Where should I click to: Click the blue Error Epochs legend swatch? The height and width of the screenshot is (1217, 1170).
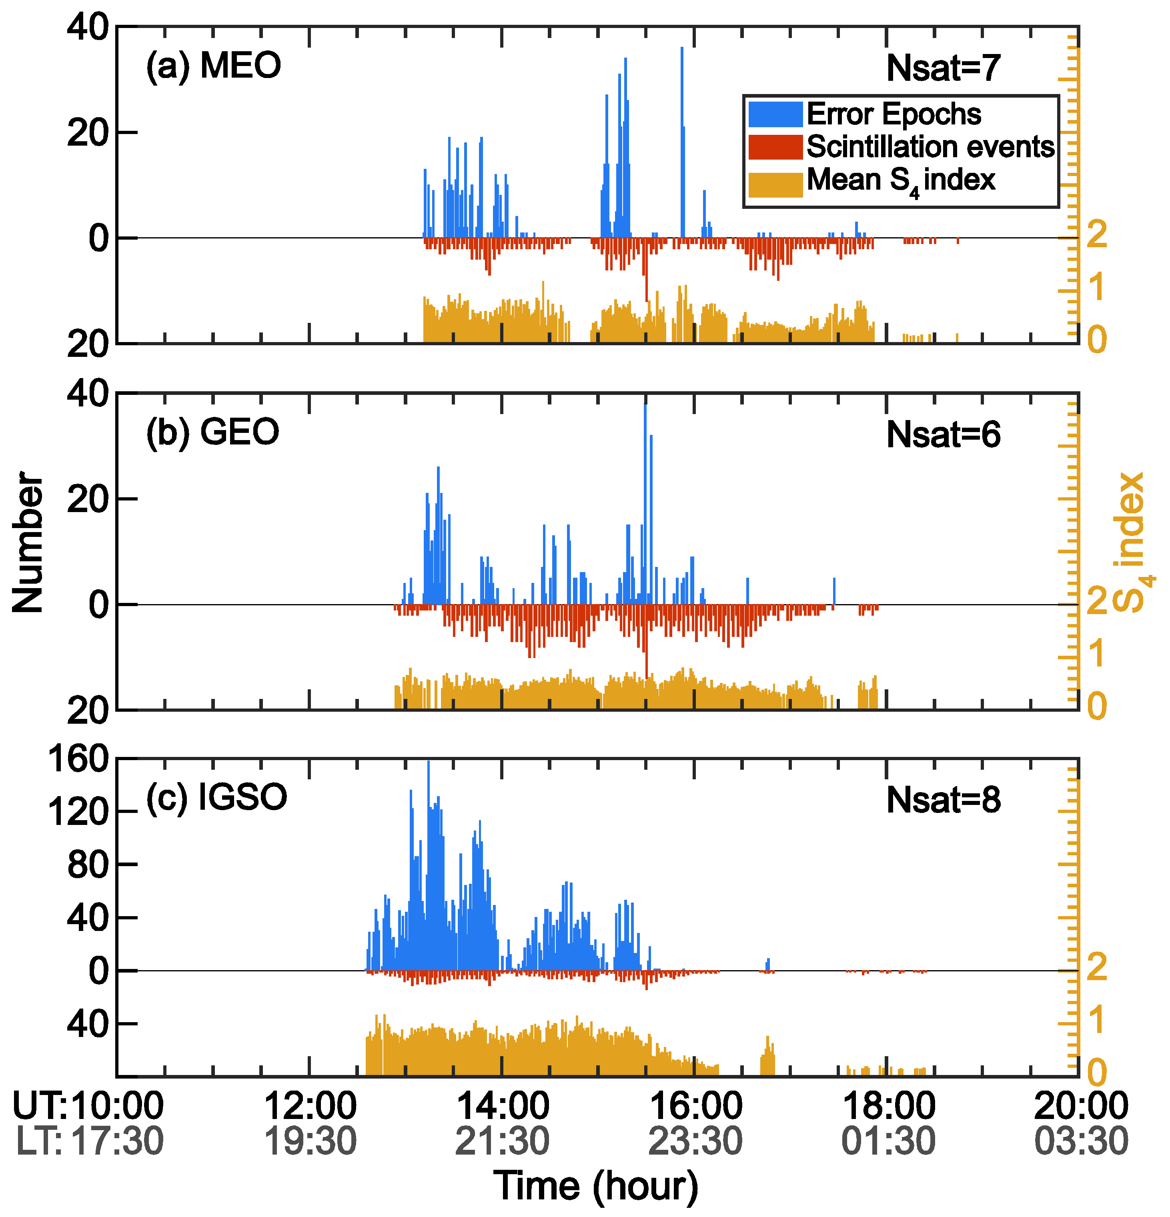[x=775, y=114]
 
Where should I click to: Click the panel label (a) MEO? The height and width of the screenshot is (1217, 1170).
[x=213, y=66]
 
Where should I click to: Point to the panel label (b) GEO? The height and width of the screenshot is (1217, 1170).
[x=212, y=432]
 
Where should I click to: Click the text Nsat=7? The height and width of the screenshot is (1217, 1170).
[x=943, y=68]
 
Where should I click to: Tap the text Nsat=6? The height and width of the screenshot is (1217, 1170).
[x=943, y=434]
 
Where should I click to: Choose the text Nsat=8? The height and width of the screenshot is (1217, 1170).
[x=943, y=800]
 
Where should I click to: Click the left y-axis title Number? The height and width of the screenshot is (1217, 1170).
[x=28, y=542]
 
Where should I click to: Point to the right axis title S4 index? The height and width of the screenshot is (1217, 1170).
[x=1132, y=542]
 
